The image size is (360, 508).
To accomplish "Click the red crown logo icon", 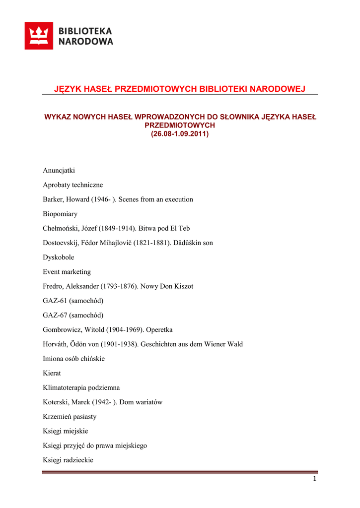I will [39, 36].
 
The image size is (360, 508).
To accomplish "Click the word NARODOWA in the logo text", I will [86, 42].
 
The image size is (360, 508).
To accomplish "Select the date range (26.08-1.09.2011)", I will [180, 134].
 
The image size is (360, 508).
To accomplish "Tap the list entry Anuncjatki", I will [59, 170].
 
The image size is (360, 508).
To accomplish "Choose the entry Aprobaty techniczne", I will [73, 185].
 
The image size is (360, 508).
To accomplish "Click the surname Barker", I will [53, 199].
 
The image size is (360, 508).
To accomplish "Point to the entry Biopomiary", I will [60, 214].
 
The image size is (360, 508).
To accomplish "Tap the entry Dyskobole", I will [59, 257].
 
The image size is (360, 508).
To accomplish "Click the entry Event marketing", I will [67, 272].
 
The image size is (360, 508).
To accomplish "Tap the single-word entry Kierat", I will [52, 373].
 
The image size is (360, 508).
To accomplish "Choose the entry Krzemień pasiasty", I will [70, 416].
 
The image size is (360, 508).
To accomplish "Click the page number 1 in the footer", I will [315, 478].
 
